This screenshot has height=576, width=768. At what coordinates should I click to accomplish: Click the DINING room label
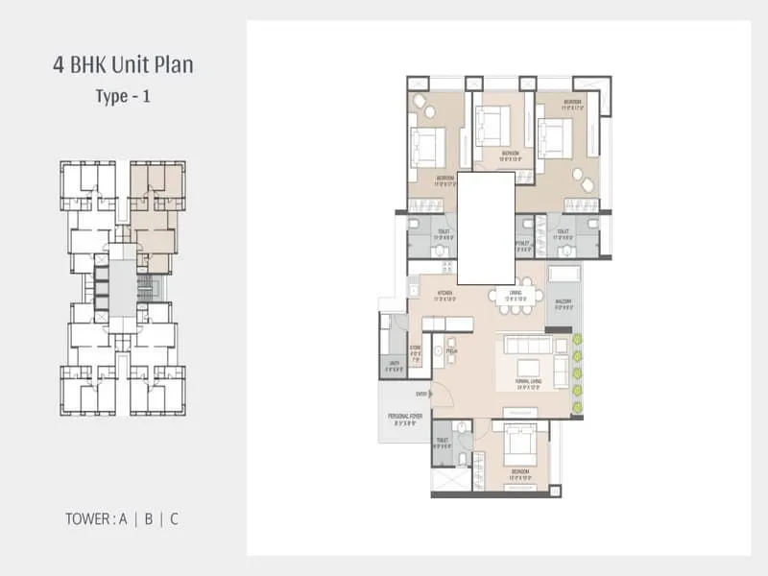pos(516,294)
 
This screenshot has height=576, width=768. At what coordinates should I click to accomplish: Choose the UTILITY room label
pos(394,364)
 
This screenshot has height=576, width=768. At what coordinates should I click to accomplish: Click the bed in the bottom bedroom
pos(521,446)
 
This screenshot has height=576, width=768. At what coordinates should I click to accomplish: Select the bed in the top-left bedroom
pos(427,146)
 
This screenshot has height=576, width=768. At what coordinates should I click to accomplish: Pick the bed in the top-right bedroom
pos(554,134)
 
